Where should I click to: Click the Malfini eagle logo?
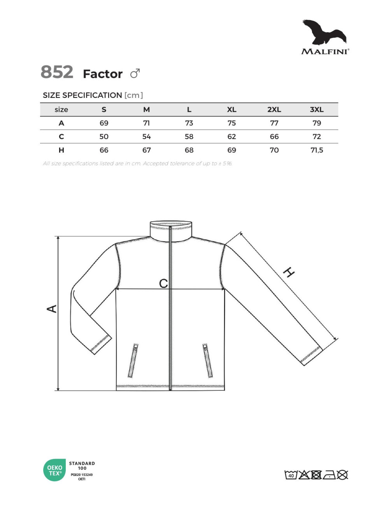324,32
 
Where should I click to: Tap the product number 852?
57,72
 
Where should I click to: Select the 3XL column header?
316,110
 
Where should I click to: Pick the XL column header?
231,110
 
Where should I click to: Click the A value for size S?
104,123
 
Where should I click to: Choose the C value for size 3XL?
317,136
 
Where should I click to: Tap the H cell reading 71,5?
317,150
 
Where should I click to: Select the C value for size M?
146,136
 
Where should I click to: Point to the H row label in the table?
61,150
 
